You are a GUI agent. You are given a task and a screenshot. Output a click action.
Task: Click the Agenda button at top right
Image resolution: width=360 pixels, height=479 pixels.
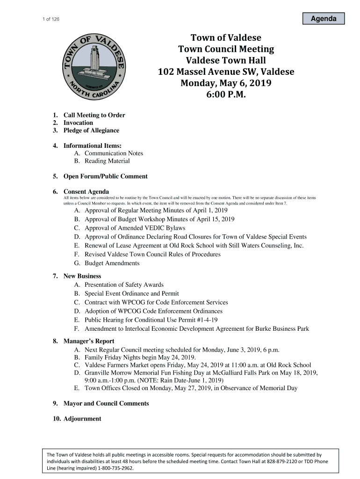tap(323, 19)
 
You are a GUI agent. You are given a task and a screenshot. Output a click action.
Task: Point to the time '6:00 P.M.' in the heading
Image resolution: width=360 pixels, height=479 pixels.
tap(226, 95)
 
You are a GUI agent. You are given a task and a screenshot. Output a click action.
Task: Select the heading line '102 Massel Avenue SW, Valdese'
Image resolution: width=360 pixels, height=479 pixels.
tap(226, 72)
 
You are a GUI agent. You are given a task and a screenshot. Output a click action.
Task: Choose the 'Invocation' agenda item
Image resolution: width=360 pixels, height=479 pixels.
tap(78, 123)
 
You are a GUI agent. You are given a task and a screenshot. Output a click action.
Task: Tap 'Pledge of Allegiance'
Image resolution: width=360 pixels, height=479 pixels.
tap(91, 131)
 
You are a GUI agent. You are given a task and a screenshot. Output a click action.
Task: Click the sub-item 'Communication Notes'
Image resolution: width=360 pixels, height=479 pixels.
tap(114, 153)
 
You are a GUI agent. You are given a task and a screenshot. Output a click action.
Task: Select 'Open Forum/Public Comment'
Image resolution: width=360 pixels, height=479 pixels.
tap(105, 176)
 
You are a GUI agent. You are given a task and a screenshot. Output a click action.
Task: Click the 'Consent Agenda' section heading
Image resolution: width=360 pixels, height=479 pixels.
tap(86, 192)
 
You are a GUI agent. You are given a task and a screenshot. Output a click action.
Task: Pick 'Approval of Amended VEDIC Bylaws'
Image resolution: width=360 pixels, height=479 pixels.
tap(135, 228)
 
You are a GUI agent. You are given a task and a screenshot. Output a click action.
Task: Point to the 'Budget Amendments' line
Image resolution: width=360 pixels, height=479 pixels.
tap(112, 263)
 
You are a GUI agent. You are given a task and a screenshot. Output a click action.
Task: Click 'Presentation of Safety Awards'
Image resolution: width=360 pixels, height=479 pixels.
tap(124, 285)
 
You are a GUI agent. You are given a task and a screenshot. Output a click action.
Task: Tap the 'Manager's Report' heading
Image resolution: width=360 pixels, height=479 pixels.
tap(89, 341)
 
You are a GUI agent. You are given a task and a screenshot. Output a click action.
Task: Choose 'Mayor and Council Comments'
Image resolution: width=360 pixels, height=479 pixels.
tap(106, 403)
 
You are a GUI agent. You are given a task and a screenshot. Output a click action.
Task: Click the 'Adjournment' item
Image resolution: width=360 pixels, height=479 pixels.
tap(82, 419)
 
